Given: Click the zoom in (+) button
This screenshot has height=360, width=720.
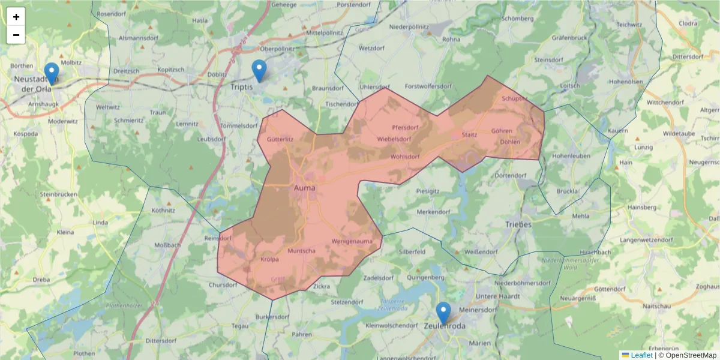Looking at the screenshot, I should pyautogui.click(x=16, y=17).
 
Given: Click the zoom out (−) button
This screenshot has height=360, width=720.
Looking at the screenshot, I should pyautogui.click(x=16, y=35).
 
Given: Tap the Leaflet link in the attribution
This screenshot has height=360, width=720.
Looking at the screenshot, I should pyautogui.click(x=641, y=355).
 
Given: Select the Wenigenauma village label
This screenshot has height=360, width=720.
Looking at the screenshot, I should pyautogui.click(x=352, y=242).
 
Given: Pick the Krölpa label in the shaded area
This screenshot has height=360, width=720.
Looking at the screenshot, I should pyautogui.click(x=270, y=260).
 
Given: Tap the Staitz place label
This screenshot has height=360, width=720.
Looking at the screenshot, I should pyautogui.click(x=469, y=134).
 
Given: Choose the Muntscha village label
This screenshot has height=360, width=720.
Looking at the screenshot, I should pyautogui.click(x=302, y=251).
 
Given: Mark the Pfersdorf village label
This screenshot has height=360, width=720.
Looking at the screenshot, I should pyautogui.click(x=404, y=127).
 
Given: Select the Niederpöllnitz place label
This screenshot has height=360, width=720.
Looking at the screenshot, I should pyautogui.click(x=417, y=28).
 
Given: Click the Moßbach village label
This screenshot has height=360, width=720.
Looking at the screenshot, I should pyautogui.click(x=167, y=245).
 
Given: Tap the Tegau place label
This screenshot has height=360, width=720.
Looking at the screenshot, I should pyautogui.click(x=239, y=326).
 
